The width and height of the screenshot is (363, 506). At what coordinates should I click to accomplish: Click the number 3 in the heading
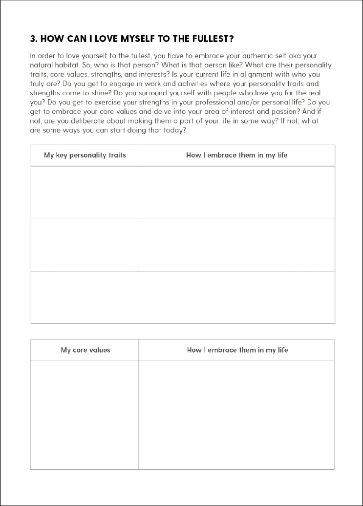pyautogui.click(x=33, y=39)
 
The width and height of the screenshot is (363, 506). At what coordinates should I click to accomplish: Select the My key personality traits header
pyautogui.click(x=85, y=155)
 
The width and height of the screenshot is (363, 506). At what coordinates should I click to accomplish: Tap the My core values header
pyautogui.click(x=85, y=350)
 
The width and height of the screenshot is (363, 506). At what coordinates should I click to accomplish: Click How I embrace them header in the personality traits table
pyautogui.click(x=236, y=155)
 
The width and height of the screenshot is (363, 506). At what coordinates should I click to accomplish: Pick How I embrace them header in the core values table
pyautogui.click(x=237, y=350)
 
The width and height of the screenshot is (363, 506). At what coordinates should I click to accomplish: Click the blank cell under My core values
pyautogui.click(x=85, y=415)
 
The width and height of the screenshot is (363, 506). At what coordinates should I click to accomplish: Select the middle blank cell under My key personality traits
pyautogui.click(x=85, y=244)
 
